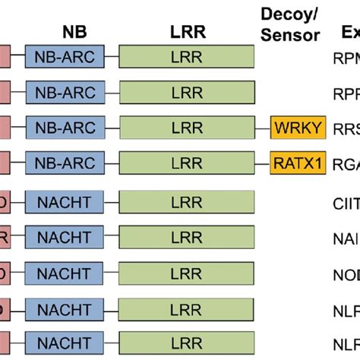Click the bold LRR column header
186,33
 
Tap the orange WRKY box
298,128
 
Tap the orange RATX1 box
298,162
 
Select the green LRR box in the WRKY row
187,128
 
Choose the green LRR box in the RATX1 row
187,162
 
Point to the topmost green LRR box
187,57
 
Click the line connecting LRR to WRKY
262,128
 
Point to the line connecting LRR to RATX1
262,162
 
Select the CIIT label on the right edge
346,204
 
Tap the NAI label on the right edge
346,238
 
